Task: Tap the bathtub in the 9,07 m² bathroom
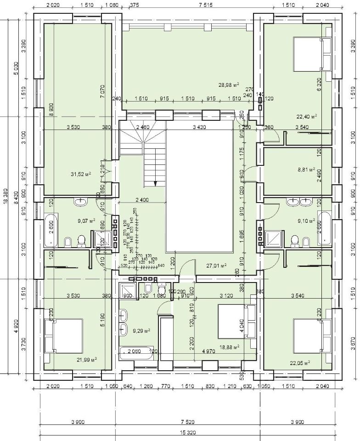(x=50, y=229)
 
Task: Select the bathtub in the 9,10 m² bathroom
(x=325, y=228)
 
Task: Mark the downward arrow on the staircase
(x=156, y=183)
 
